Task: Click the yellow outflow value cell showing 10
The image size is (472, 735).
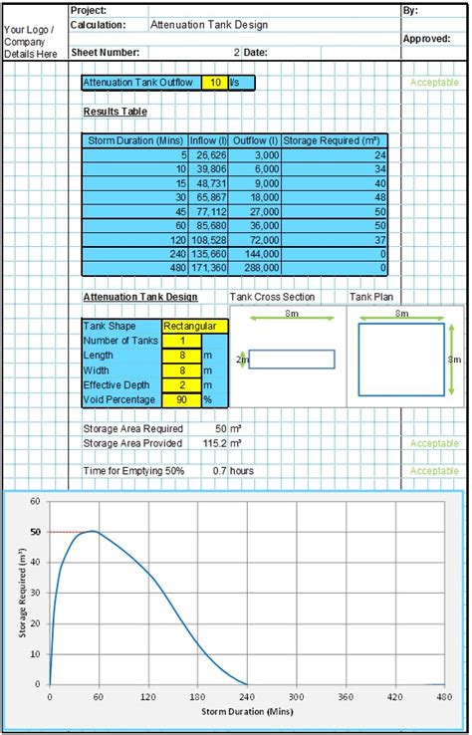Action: point(213,83)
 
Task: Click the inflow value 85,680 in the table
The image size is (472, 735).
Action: point(208,226)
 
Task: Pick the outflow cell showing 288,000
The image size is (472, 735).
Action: point(255,268)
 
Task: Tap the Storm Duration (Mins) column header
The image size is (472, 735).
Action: point(135,141)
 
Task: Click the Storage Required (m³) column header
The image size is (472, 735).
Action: point(335,141)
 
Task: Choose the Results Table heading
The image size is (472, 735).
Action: point(115,112)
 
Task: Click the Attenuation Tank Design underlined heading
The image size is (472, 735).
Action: point(139,297)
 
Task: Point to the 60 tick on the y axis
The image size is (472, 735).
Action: point(36,502)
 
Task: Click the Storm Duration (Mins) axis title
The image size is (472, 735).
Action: point(245,712)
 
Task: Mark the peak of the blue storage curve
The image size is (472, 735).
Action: point(92,531)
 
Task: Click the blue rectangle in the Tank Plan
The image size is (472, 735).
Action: point(401,360)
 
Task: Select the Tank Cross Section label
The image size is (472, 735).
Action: point(272,297)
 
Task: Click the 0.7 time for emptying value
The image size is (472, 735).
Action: point(219,470)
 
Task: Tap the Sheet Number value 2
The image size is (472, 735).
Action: point(236,52)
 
